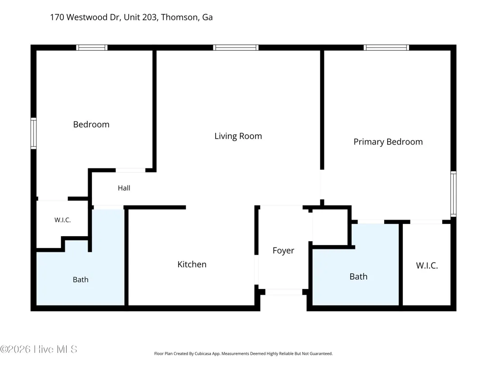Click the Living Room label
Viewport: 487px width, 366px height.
coord(238,136)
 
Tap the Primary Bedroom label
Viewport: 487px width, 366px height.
coord(388,142)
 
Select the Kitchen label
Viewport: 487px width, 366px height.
coord(192,264)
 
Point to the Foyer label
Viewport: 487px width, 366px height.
coord(283,250)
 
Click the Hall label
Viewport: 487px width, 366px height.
coord(124,188)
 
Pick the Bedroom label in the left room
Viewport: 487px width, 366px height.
coord(92,124)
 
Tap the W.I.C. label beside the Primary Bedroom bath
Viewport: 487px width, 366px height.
coord(427,265)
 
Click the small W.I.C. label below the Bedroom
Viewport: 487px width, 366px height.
coord(62,220)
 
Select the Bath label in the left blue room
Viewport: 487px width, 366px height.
coord(80,280)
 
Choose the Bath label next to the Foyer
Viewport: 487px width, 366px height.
coord(358,276)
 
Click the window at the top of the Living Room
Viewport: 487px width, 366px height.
coord(236,48)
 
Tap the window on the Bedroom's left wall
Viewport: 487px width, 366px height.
coord(34,133)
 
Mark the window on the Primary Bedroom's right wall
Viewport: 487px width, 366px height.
coord(453,194)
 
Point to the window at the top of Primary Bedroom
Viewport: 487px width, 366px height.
coord(386,48)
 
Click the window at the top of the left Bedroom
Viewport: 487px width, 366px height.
coord(92,48)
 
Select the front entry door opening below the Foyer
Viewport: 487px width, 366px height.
coord(283,292)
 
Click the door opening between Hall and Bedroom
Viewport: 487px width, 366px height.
coord(131,170)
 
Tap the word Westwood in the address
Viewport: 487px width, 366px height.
coord(87,17)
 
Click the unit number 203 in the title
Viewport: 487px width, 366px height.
coord(150,17)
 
